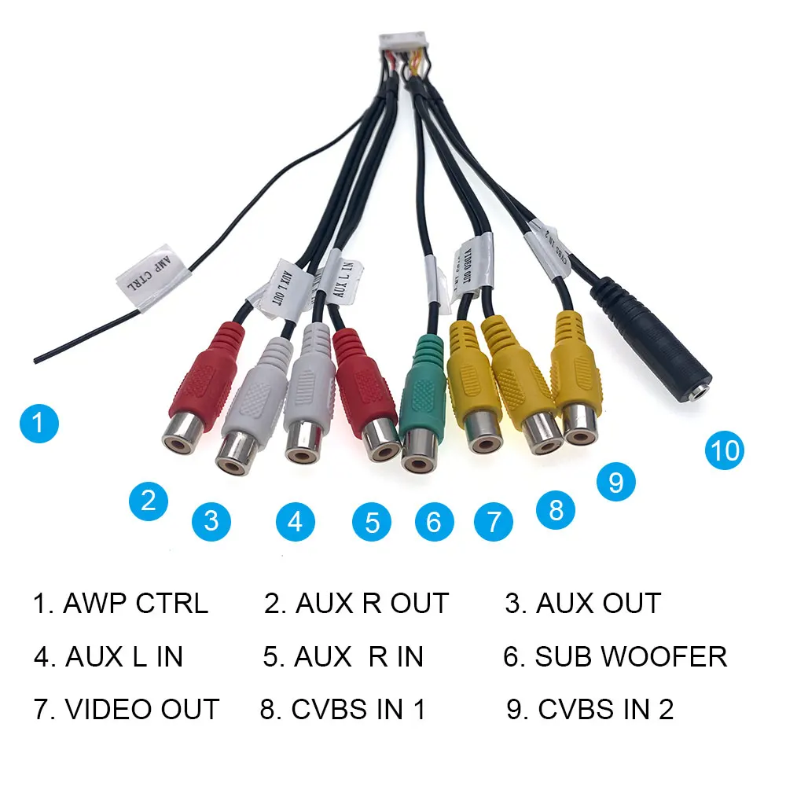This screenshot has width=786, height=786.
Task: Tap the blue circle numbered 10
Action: click(x=724, y=450)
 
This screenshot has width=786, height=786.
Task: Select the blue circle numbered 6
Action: click(x=434, y=521)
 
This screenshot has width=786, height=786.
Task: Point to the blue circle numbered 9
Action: click(x=615, y=481)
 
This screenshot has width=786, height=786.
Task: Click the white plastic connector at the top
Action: click(x=402, y=43)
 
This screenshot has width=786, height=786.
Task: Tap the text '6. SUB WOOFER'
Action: click(x=615, y=656)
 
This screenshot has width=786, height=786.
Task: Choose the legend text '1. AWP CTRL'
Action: click(x=120, y=604)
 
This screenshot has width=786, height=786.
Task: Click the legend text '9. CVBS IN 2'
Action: click(x=590, y=710)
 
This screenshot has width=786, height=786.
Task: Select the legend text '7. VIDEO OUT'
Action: click(x=127, y=710)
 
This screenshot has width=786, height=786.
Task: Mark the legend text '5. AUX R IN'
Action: click(x=343, y=656)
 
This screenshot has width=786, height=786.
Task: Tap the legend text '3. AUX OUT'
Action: click(x=582, y=604)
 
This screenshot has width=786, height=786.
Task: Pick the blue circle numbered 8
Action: click(x=556, y=510)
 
